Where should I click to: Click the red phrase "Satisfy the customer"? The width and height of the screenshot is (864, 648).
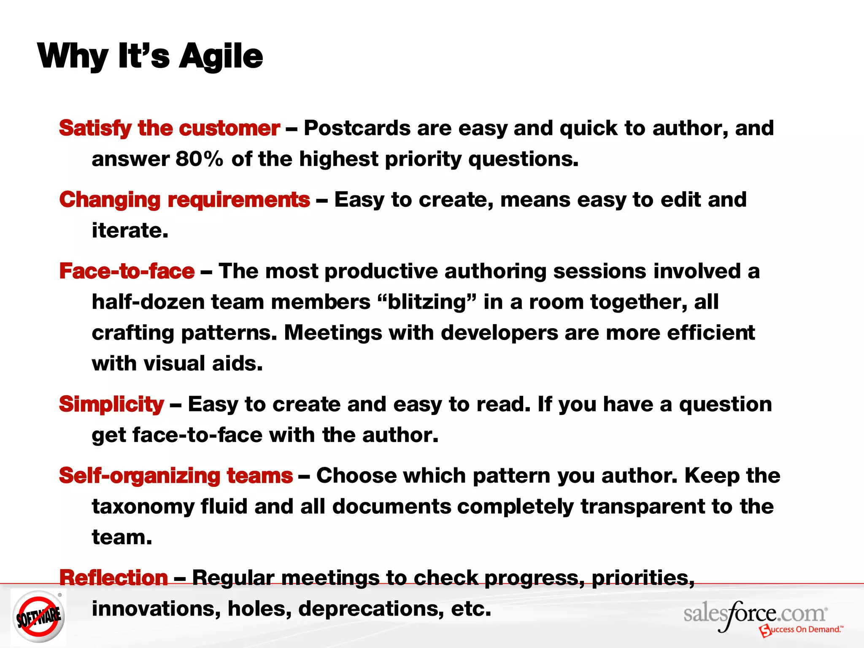pos(169,128)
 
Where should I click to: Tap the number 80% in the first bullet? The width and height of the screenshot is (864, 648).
pos(199,159)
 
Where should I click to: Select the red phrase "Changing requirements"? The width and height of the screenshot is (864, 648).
pos(184,200)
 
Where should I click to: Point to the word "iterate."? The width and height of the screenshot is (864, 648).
pos(130,231)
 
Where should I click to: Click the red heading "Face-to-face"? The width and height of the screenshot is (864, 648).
pos(127,271)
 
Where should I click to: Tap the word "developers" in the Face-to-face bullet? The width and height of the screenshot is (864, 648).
pos(499,333)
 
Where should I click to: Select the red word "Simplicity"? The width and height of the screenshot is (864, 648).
pos(111,404)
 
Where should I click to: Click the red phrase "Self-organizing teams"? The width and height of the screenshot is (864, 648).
pos(175,476)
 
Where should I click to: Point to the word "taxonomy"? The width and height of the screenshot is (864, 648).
pos(143,507)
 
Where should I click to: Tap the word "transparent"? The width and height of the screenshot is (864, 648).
pos(643,507)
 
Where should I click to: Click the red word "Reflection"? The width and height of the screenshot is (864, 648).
pos(113,578)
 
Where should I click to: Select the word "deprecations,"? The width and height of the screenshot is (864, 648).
pos(371,609)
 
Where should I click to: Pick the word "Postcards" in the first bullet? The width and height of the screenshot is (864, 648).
pos(357,128)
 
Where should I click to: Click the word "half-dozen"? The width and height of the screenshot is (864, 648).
pos(148,302)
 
